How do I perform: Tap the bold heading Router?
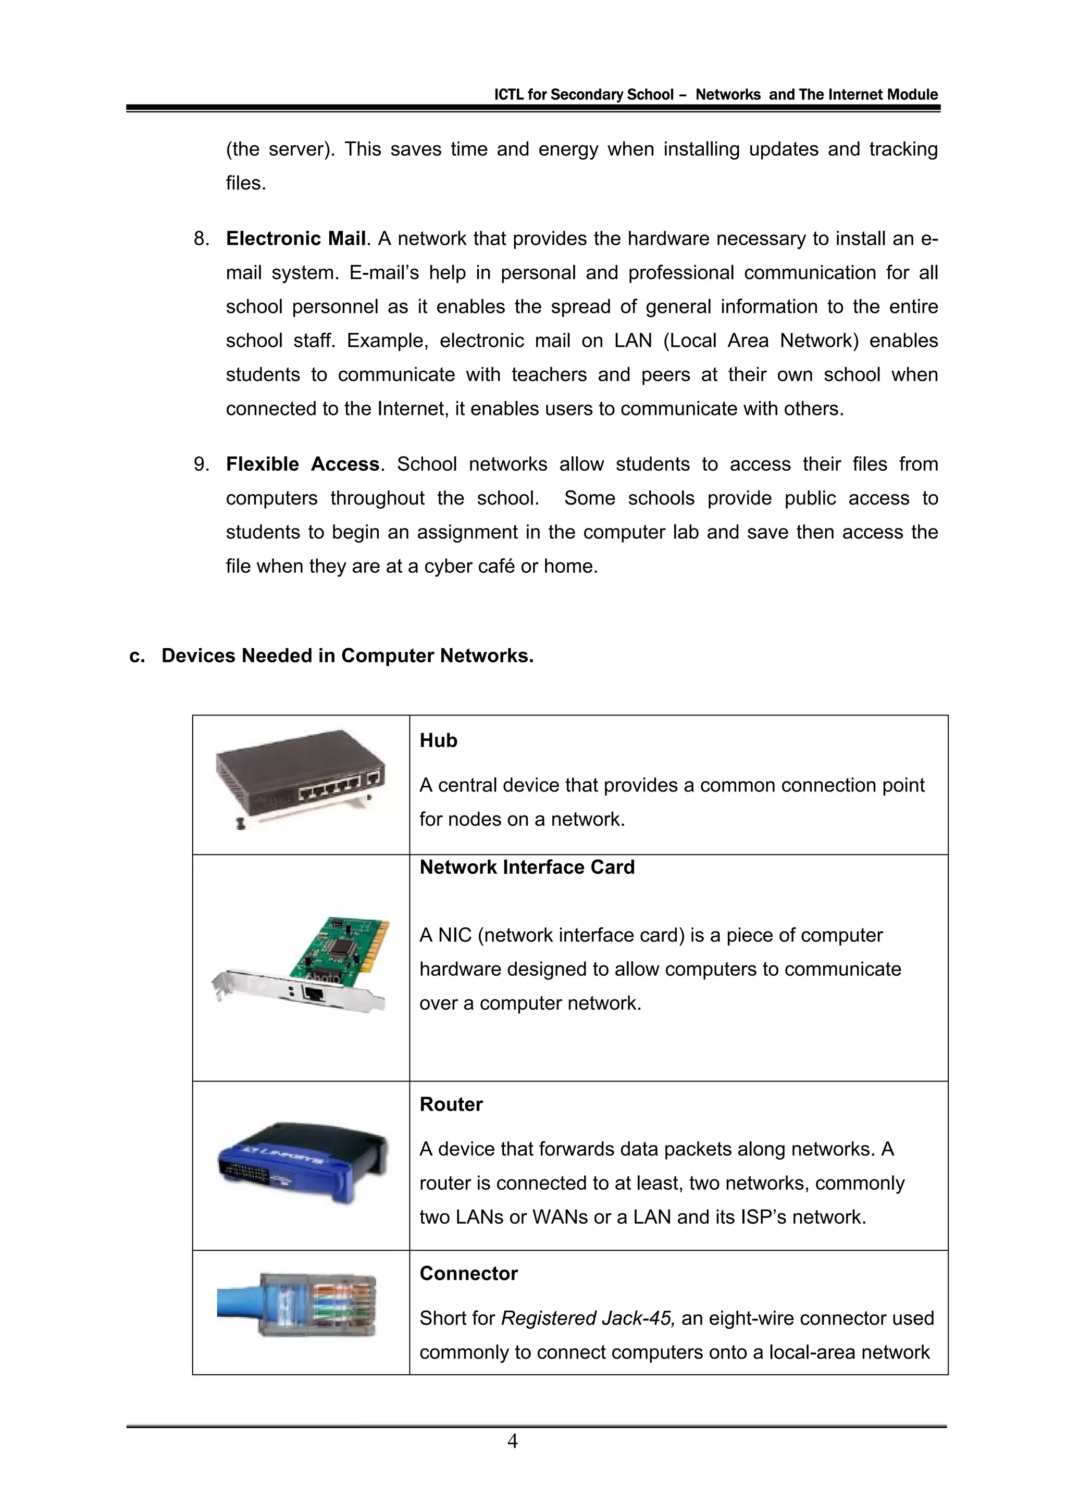point(451,1104)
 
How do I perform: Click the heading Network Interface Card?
point(527,867)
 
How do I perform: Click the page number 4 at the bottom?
point(513,1441)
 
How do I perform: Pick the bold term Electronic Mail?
point(296,238)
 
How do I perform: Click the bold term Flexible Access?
point(302,464)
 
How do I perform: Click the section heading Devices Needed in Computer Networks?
point(347,656)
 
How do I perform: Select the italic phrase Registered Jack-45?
point(587,1318)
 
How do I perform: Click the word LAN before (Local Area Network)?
point(632,341)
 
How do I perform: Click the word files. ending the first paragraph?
point(246,183)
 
